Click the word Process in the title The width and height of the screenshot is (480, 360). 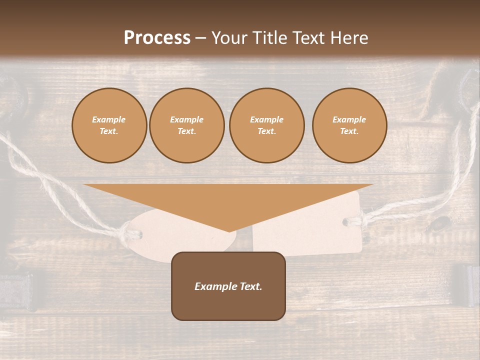pyautogui.click(x=157, y=38)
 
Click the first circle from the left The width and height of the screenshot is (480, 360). pyautogui.click(x=109, y=125)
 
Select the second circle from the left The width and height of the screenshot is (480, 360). pyautogui.click(x=187, y=125)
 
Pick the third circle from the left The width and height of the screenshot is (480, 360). pyautogui.click(x=266, y=125)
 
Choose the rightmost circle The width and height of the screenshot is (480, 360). pyautogui.click(x=349, y=125)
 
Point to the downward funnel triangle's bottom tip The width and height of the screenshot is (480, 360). pyautogui.click(x=228, y=231)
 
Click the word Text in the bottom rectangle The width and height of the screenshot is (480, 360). pyautogui.click(x=250, y=286)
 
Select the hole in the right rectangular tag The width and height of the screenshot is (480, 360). pyautogui.click(x=346, y=221)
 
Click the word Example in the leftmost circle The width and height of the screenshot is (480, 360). pyautogui.click(x=109, y=119)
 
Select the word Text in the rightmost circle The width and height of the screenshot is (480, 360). pyautogui.click(x=349, y=131)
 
